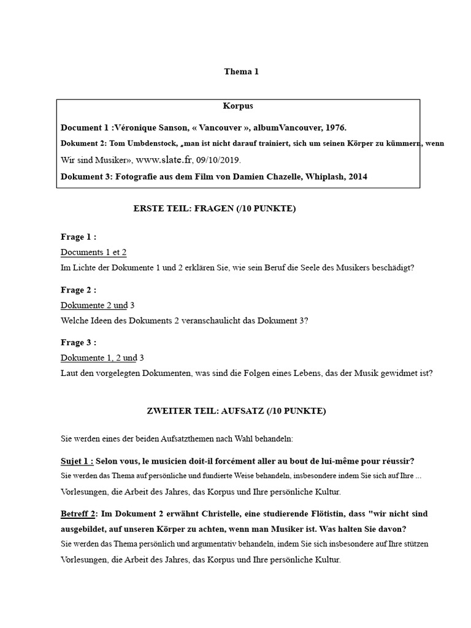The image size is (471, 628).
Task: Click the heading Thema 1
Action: click(x=241, y=72)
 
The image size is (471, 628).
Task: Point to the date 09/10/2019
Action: click(x=218, y=160)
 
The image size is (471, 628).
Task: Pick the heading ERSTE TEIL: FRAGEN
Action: click(x=215, y=209)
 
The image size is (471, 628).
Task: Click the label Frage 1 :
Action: click(x=78, y=237)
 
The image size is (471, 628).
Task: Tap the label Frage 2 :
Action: click(x=78, y=289)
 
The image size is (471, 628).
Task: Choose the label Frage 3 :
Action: click(x=78, y=342)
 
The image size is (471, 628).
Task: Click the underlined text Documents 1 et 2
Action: click(x=93, y=252)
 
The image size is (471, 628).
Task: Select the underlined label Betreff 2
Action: click(x=78, y=513)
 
